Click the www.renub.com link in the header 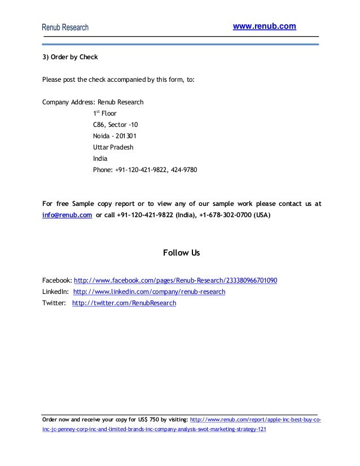[x=264, y=27]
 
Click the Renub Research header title [x=65, y=28]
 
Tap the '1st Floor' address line [x=105, y=113]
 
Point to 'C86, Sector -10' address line [x=115, y=124]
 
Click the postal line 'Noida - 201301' [x=114, y=136]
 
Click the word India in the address [x=100, y=159]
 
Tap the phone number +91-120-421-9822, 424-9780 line [x=145, y=170]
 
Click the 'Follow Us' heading [x=181, y=253]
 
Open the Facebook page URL [x=175, y=280]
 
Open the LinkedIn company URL [x=149, y=292]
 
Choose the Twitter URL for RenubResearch [x=124, y=303]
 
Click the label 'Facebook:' [x=58, y=280]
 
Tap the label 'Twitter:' [x=54, y=303]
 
